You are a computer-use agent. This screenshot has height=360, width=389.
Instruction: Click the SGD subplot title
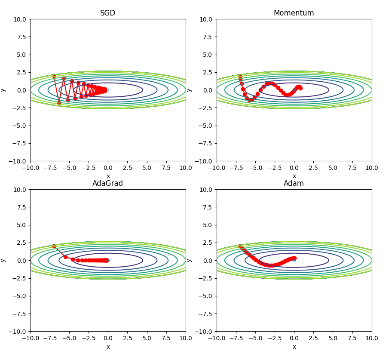pos(107,13)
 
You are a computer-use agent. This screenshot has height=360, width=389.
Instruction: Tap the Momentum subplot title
pos(294,13)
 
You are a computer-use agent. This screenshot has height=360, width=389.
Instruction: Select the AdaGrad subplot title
pos(107,183)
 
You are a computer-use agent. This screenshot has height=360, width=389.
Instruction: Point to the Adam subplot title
pos(294,183)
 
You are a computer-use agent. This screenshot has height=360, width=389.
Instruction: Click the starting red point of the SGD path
pos(54,76)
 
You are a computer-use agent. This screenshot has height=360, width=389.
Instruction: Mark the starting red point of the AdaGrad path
pos(54,246)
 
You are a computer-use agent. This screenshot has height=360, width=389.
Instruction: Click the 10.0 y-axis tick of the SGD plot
pos(20,19)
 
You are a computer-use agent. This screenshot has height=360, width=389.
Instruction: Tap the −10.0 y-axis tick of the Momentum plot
pos(205,161)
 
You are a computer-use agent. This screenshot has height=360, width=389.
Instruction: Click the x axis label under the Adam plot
pos(294,347)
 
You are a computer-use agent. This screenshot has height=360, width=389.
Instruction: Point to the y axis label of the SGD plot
pos(3,90)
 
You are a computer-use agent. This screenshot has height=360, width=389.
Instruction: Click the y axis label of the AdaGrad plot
pos(3,260)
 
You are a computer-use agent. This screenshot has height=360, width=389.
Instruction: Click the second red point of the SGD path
pos(59,103)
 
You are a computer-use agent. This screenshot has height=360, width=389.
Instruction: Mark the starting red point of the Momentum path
pos(240,76)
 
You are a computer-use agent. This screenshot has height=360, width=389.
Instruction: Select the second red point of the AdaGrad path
pos(65,257)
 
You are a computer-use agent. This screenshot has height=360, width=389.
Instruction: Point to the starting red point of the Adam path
pos(240,246)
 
